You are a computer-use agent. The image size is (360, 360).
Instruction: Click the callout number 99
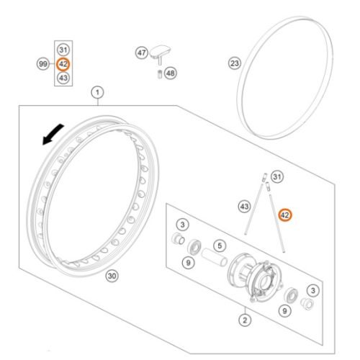[x=43, y=64]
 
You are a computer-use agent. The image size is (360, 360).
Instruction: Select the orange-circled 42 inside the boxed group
[x=63, y=64]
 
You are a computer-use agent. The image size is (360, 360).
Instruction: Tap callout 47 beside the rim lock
[x=142, y=53]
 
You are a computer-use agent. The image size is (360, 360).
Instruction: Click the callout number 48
[x=171, y=73]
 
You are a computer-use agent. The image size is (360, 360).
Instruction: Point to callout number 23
[x=235, y=63]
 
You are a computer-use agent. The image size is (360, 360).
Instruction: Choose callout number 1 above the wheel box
[x=97, y=92]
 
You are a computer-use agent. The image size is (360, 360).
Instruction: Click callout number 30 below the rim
[x=112, y=276]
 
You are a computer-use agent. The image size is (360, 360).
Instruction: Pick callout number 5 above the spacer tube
[x=220, y=246]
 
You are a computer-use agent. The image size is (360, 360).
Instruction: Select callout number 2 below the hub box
[x=245, y=320]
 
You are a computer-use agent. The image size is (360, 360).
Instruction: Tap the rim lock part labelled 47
[x=160, y=54]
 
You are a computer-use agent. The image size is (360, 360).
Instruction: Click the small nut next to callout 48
[x=159, y=74]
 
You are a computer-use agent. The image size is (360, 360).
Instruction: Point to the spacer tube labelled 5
[x=214, y=258]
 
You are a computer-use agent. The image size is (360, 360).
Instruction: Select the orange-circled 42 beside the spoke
[x=285, y=215]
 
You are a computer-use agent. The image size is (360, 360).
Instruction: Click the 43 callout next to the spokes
[x=244, y=207]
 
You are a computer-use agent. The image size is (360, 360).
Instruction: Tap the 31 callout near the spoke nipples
[x=277, y=177]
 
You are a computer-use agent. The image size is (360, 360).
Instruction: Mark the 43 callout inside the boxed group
[x=63, y=78]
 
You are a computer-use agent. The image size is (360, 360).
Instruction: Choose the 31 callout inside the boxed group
[x=63, y=50]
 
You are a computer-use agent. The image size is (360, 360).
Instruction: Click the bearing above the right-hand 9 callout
[x=291, y=295]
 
